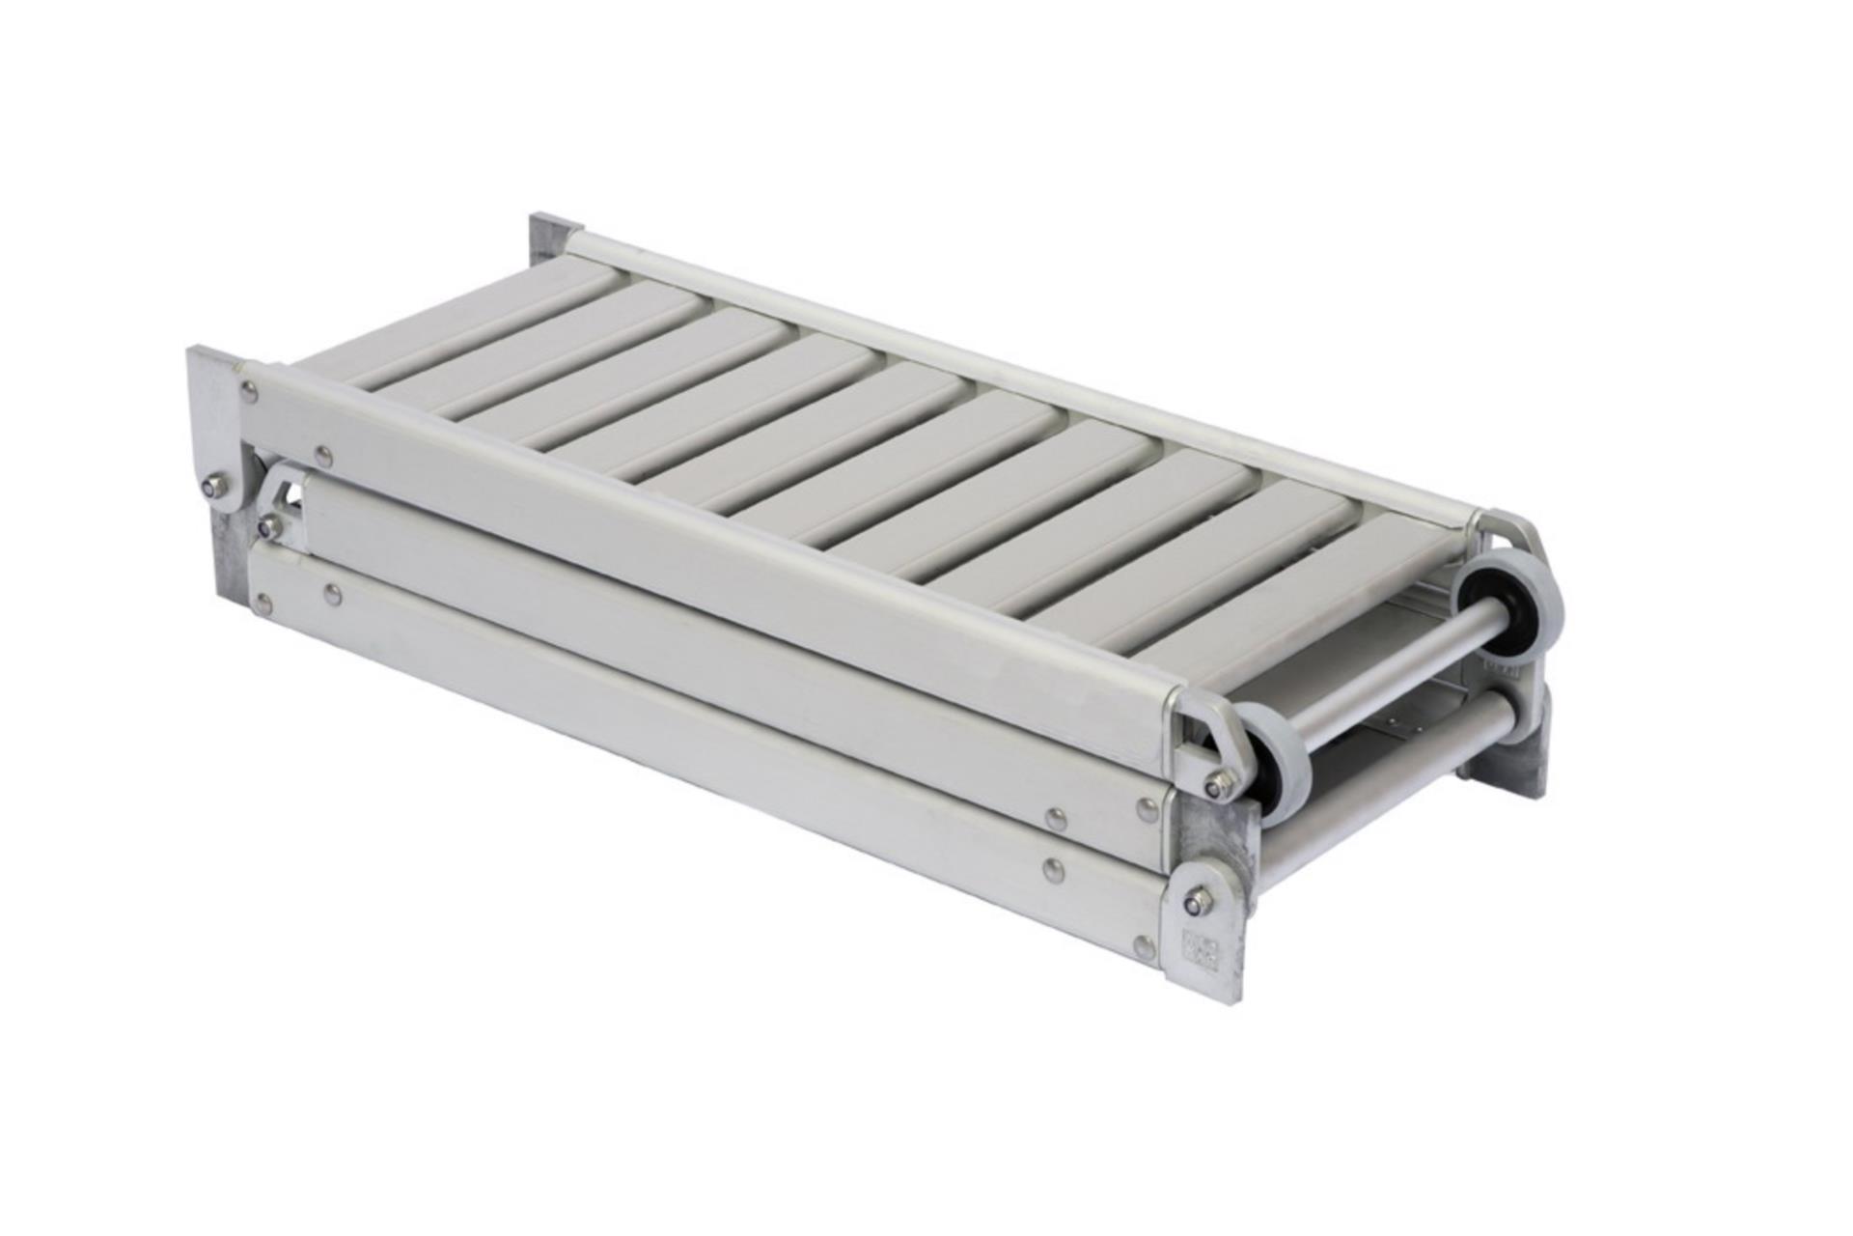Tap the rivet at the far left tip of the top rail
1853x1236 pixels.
click(250, 390)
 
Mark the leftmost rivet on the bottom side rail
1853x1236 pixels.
click(263, 605)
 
